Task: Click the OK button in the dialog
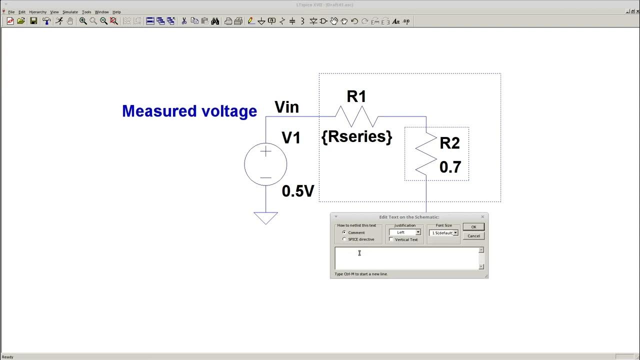pos(473,227)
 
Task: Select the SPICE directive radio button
pos(344,239)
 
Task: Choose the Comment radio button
pos(344,232)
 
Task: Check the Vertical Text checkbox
pos(391,239)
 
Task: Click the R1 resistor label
pos(356,97)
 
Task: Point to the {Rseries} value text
pos(356,136)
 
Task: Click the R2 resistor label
pos(449,143)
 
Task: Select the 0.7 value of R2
pos(450,167)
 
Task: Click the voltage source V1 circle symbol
pos(265,164)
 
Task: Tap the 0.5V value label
pos(298,191)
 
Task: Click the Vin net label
pos(286,107)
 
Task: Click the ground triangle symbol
pos(265,217)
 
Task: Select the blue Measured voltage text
pos(189,111)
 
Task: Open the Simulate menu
pos(70,12)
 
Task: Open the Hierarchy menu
pos(37,12)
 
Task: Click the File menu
pos(11,12)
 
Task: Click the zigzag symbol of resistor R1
pos(356,116)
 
